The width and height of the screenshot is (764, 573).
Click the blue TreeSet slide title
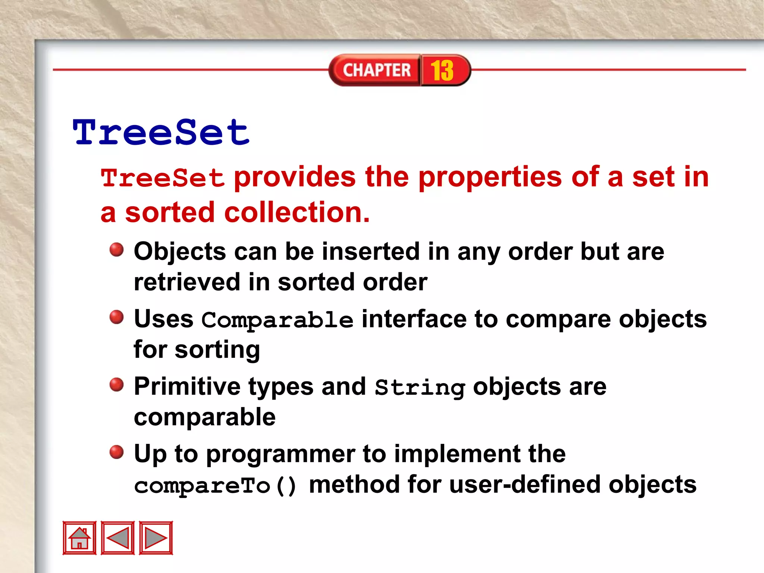161,132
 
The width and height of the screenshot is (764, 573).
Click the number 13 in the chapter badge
442,70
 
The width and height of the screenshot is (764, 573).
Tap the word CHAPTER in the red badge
376,70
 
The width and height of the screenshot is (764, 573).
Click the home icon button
79,538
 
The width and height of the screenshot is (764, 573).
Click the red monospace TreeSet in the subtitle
163,178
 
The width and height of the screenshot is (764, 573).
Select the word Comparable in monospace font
277,320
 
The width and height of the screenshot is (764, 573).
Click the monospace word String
420,388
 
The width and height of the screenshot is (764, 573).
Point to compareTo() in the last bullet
215,486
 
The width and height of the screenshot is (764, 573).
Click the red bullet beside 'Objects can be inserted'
116,250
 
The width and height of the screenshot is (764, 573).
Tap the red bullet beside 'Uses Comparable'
116,317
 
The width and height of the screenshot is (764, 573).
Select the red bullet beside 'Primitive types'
116,385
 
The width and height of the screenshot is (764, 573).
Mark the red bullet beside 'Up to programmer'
116,452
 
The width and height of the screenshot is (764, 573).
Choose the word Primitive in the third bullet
187,386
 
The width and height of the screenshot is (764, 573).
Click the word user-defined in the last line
526,485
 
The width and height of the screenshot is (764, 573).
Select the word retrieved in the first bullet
187,282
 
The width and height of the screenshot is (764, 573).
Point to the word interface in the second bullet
414,319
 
